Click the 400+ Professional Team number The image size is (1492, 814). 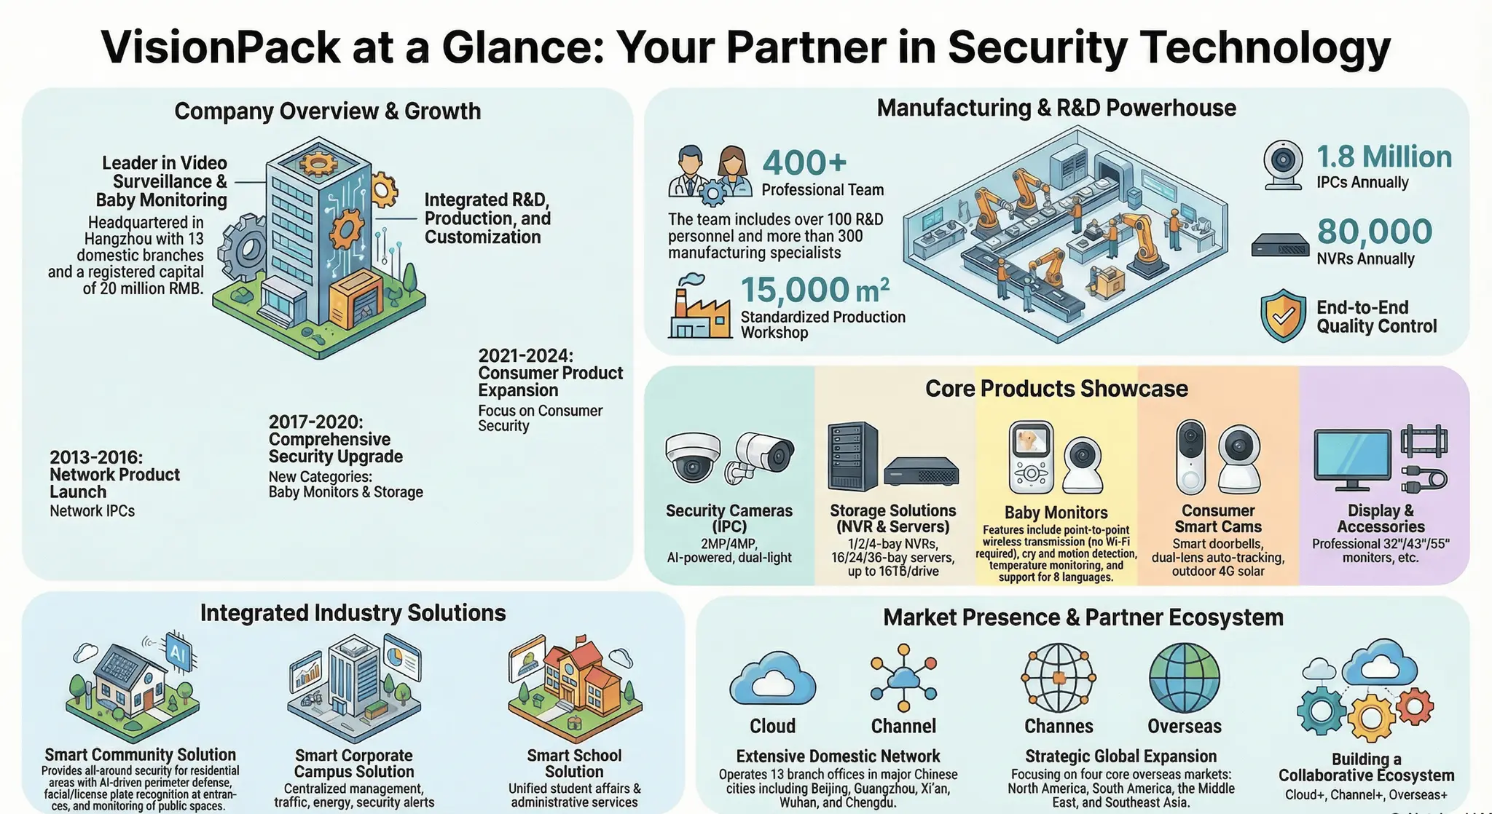[804, 163]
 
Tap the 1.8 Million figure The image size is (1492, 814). [1383, 157]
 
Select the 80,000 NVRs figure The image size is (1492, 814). [1374, 232]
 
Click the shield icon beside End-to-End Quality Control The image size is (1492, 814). [1283, 316]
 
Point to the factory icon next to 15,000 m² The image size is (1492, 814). [699, 307]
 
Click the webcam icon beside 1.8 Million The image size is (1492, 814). [1283, 165]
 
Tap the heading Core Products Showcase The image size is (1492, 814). [1056, 389]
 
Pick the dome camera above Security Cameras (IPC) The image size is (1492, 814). [693, 457]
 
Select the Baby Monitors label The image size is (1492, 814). [1056, 513]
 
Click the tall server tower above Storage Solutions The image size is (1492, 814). [852, 457]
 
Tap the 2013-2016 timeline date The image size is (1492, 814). [96, 457]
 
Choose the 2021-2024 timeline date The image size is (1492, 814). [525, 355]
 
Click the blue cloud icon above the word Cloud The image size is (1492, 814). [772, 680]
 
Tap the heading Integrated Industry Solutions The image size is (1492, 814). [353, 613]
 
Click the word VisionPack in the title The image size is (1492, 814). [220, 48]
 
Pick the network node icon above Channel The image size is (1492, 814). [903, 678]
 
